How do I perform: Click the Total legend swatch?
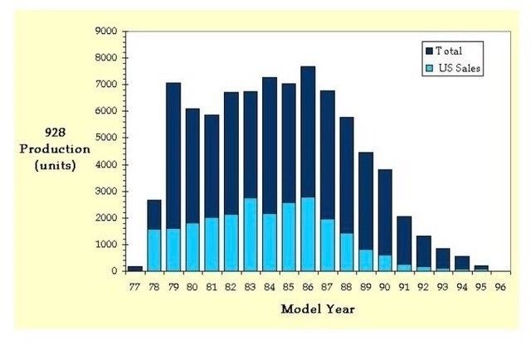(x=428, y=51)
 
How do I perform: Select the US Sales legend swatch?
(x=428, y=68)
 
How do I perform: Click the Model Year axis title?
(x=318, y=309)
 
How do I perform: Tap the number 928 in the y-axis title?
(x=56, y=133)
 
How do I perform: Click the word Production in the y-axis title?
(x=56, y=148)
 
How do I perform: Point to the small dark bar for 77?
(x=134, y=268)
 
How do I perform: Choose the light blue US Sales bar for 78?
(x=154, y=250)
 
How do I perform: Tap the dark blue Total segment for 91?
(x=403, y=240)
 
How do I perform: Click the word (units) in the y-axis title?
(x=56, y=164)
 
